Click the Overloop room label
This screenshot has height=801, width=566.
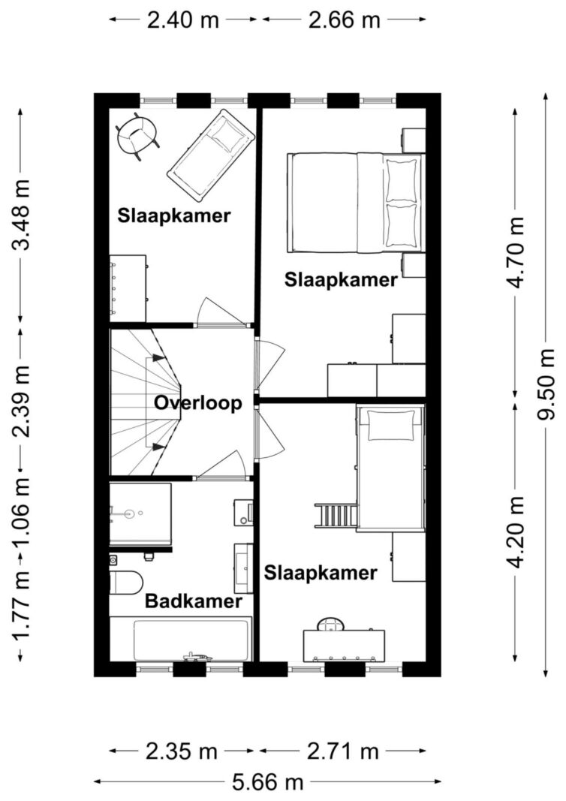198,403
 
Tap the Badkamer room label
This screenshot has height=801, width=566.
194,601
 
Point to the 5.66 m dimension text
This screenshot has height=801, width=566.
268,783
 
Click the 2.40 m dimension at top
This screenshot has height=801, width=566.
183,20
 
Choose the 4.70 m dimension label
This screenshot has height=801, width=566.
515,252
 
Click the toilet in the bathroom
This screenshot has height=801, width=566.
125,582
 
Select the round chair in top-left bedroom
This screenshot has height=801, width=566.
137,135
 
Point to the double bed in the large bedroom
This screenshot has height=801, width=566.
354,203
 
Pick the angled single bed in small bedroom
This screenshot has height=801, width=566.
211,155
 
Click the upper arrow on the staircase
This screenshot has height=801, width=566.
158,358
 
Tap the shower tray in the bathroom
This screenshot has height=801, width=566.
140,514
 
